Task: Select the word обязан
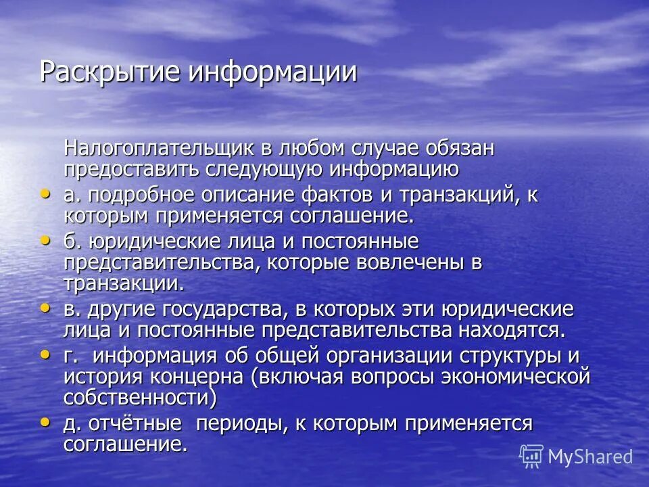(x=460, y=148)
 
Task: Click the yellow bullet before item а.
(x=46, y=193)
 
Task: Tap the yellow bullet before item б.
(x=46, y=239)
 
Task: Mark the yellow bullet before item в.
(x=46, y=308)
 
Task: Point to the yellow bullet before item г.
(x=46, y=354)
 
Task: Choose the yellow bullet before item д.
(x=46, y=421)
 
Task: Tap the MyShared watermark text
(x=590, y=457)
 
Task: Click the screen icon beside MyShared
(x=531, y=457)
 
